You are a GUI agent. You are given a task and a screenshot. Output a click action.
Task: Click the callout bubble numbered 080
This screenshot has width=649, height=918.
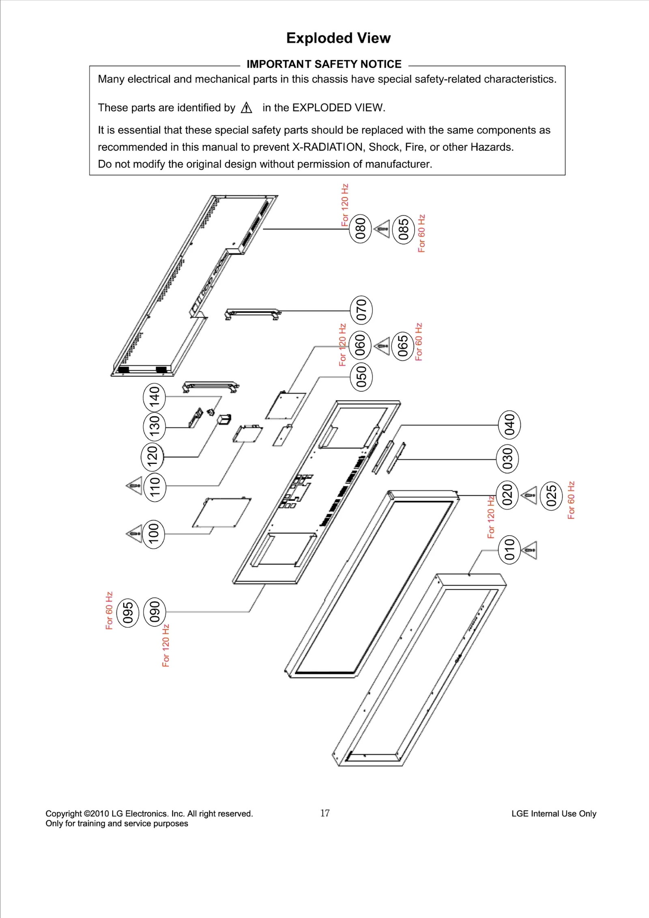click(x=360, y=229)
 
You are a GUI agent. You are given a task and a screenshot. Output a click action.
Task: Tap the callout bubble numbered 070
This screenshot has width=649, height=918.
click(x=361, y=310)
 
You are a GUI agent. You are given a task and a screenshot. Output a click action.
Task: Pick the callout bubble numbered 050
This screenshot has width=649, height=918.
click(x=361, y=376)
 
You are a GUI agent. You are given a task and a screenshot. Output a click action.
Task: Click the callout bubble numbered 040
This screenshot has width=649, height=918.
click(x=509, y=425)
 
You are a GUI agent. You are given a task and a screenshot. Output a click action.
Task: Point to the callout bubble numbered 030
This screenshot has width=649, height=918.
click(x=507, y=459)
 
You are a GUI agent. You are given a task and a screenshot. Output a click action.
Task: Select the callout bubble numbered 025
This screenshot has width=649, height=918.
click(x=551, y=495)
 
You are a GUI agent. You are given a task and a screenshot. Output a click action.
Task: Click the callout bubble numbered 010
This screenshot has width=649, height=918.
click(x=509, y=550)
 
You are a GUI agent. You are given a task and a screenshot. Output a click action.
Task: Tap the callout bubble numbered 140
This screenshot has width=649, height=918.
click(x=155, y=397)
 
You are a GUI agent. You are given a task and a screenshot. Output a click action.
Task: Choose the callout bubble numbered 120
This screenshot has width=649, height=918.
click(x=152, y=457)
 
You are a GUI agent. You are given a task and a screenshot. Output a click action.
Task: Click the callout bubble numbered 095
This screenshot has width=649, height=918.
click(x=128, y=612)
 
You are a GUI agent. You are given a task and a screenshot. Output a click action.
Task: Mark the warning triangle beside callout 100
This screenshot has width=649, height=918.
click(x=134, y=533)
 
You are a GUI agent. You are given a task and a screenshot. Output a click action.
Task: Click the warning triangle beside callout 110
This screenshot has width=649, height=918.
click(x=134, y=486)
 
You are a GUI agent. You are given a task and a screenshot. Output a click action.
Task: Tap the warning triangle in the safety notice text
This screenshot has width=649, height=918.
click(x=246, y=108)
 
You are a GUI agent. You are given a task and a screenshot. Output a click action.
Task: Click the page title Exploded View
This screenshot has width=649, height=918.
click(x=338, y=38)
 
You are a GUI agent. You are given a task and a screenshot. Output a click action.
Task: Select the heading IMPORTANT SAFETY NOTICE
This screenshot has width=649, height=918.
click(x=324, y=64)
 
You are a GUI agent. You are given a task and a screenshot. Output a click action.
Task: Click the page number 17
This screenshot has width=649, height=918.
click(x=325, y=813)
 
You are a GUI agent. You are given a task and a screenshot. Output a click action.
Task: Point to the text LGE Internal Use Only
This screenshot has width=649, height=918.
click(x=554, y=813)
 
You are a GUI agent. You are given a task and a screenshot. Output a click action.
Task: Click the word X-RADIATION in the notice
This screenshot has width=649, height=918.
click(x=327, y=147)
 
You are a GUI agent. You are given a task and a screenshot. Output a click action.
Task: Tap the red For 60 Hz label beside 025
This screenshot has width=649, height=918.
click(x=571, y=500)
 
